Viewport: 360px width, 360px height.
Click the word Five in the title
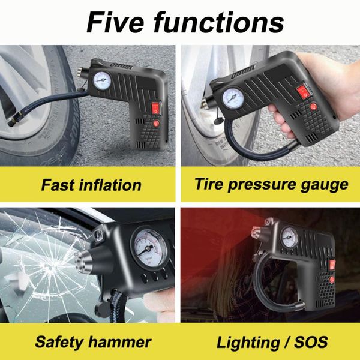pos(115,22)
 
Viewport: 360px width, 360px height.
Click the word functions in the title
pos(219,22)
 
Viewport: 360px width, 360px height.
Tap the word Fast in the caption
pos(58,185)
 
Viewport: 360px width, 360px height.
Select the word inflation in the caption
pos(110,185)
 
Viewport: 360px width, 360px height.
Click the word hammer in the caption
pos(120,342)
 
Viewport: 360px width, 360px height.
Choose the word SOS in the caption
pos(311,342)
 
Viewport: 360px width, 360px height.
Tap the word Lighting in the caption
pos(248,343)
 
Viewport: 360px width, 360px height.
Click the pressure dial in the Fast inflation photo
pos(102,80)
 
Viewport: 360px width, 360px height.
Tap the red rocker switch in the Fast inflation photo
pos(155,109)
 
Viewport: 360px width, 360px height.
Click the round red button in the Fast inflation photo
pos(156,124)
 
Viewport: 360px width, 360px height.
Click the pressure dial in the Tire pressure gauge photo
pos(233,98)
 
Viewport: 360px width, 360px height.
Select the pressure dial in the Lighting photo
pos(289,238)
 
